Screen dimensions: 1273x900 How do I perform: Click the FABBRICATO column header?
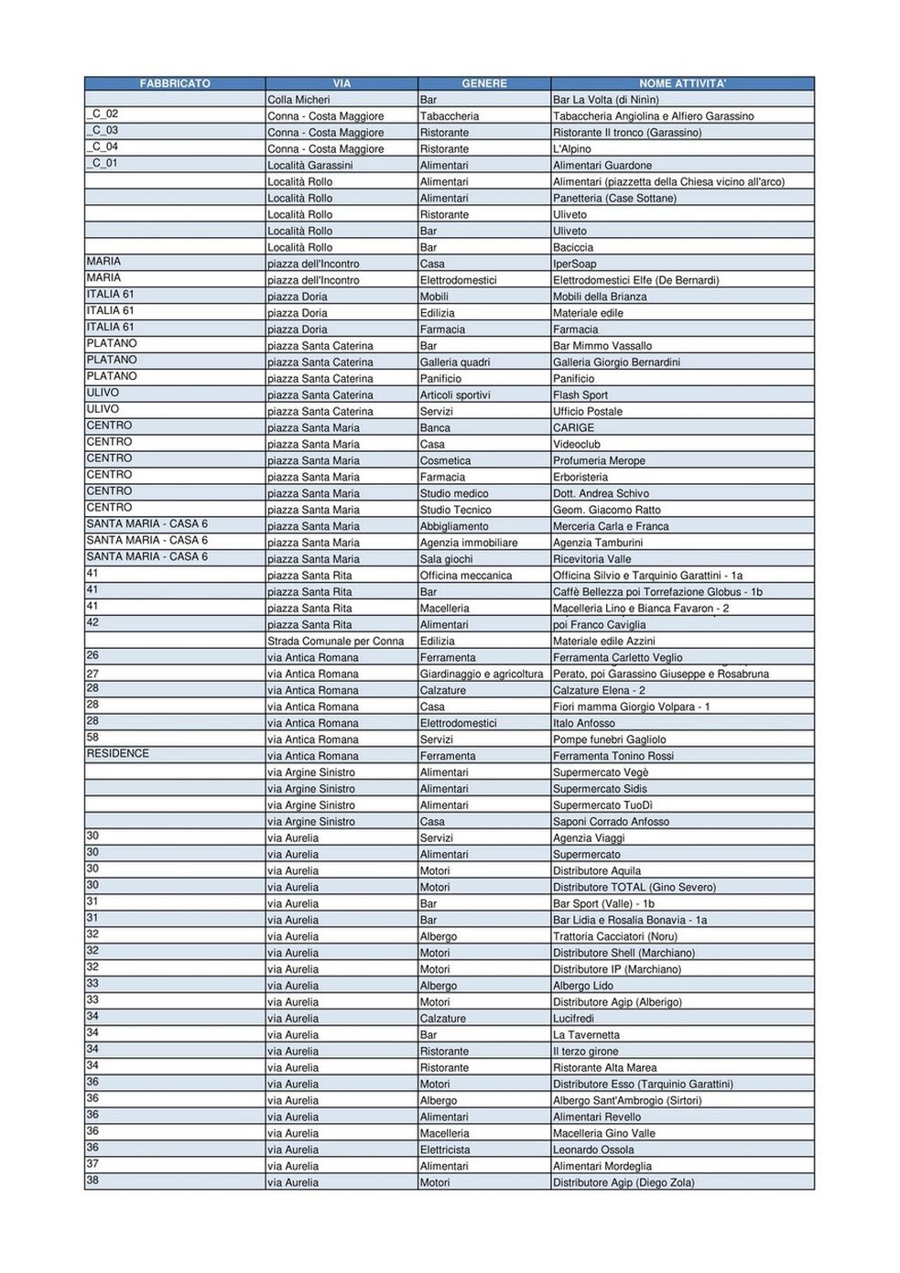point(175,83)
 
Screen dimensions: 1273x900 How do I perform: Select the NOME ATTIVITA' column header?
point(682,83)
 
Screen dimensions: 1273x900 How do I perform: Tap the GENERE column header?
point(484,83)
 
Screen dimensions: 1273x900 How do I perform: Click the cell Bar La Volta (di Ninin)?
point(605,100)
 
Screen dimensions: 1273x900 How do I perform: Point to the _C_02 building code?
point(103,114)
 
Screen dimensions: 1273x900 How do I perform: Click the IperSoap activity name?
point(574,264)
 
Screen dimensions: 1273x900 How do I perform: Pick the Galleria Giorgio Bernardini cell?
point(616,362)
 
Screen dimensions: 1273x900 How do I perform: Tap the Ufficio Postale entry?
point(587,412)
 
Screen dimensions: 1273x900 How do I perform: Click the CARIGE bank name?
point(573,427)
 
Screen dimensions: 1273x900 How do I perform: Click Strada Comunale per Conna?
point(335,642)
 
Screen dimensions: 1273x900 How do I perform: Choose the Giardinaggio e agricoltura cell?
point(482,674)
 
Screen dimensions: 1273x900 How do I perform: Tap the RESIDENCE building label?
point(117,754)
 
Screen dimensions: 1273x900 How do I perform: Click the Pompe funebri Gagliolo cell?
point(609,739)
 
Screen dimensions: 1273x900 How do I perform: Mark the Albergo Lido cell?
point(582,986)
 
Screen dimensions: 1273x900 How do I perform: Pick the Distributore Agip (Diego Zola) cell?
point(623,1182)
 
